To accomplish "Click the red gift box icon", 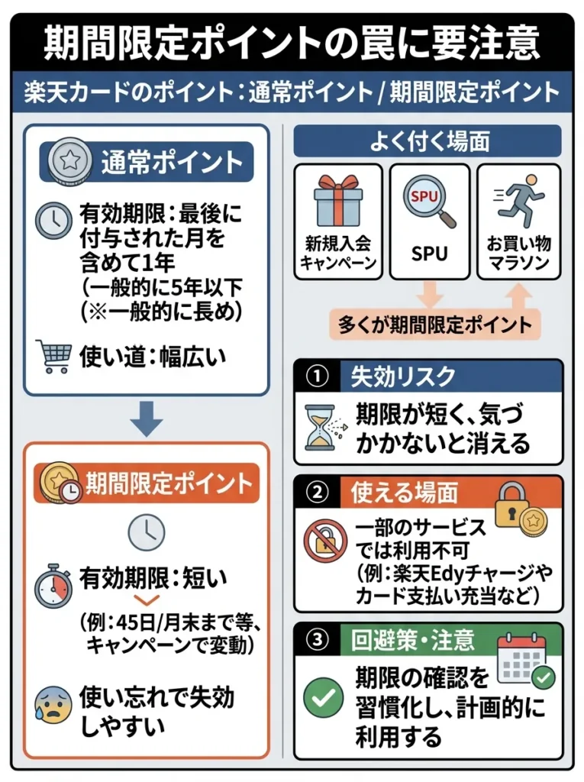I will pyautogui.click(x=337, y=200).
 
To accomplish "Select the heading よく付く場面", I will pyautogui.click(x=428, y=141).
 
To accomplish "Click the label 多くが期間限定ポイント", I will pyautogui.click(x=434, y=325).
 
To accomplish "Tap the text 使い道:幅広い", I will pyautogui.click(x=153, y=356).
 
